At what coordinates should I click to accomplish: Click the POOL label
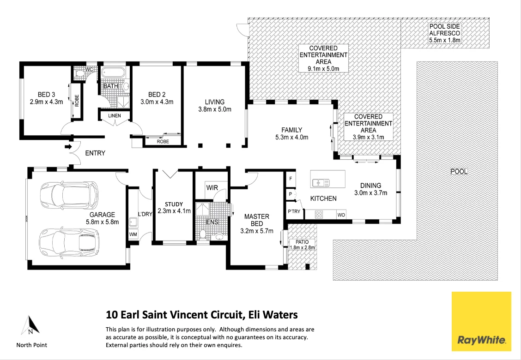pos(459,171)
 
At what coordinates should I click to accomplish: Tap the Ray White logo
pos(481,321)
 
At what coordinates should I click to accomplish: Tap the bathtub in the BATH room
pos(113,73)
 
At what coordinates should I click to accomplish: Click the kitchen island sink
pos(320,183)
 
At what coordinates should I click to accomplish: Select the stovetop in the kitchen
pos(319,214)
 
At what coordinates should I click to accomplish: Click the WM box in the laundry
pos(133,234)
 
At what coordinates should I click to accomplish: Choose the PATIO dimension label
pos(303,245)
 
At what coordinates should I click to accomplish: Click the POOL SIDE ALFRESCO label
pos(444,33)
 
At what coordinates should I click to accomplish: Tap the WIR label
pos(212,188)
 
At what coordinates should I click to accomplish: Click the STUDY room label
pos(174,207)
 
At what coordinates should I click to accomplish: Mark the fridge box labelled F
pos(291,178)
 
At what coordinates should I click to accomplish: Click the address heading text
pos(202,315)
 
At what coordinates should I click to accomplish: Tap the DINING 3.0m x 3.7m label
pos(370,189)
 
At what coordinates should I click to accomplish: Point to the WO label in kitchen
pos(341,215)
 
